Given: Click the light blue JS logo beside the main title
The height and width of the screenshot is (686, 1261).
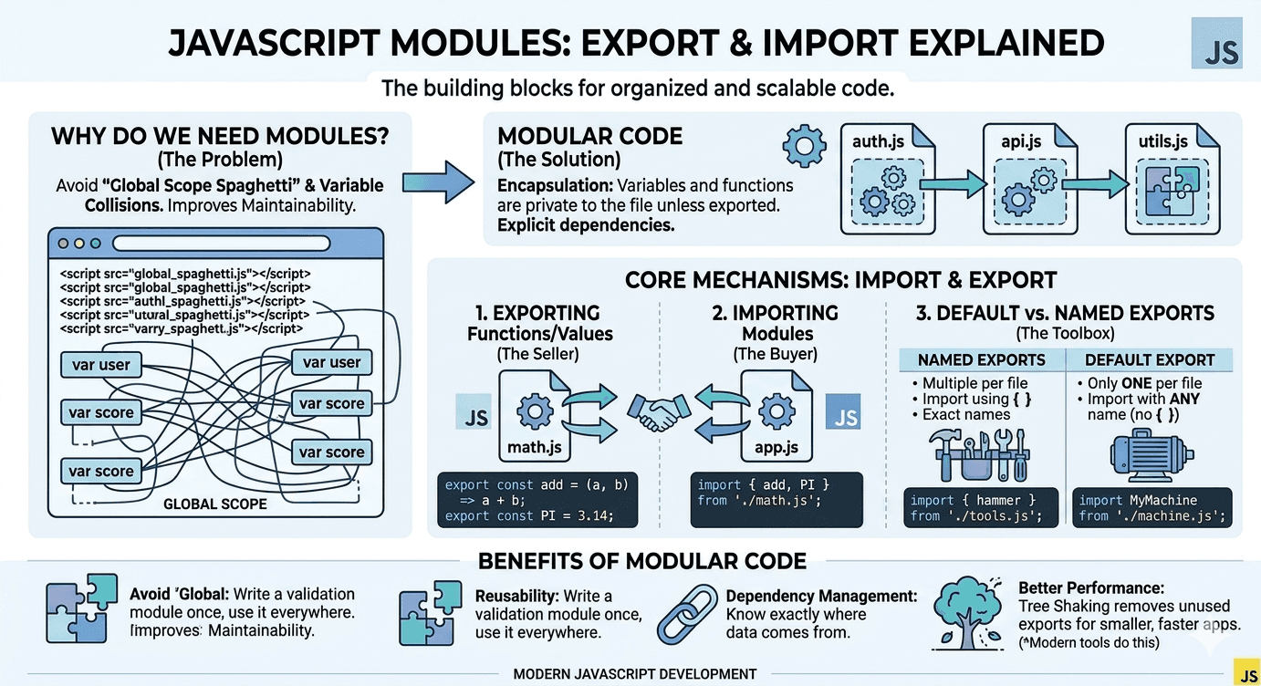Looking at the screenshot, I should pyautogui.click(x=1216, y=44).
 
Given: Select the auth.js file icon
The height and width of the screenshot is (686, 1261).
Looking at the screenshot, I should pyautogui.click(x=888, y=180).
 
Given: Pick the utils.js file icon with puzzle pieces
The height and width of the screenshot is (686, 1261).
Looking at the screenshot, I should pyautogui.click(x=1172, y=180).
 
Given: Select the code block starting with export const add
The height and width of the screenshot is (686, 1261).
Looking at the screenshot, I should pyautogui.click(x=537, y=500).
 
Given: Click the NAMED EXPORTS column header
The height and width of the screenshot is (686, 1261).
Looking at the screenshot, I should pyautogui.click(x=981, y=360).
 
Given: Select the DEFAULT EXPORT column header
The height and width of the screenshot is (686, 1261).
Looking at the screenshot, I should pyautogui.click(x=1150, y=360).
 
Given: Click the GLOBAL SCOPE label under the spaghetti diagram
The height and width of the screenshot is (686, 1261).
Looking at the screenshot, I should pyautogui.click(x=215, y=504).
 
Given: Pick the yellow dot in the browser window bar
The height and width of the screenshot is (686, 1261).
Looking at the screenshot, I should pyautogui.click(x=79, y=244).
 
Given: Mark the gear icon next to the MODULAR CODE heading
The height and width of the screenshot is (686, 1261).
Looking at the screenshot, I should pyautogui.click(x=805, y=145).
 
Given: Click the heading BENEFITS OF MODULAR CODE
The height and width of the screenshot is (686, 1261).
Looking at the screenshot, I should pyautogui.click(x=642, y=560).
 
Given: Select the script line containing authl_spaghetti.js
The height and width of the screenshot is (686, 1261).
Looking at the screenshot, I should pyautogui.click(x=182, y=300).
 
